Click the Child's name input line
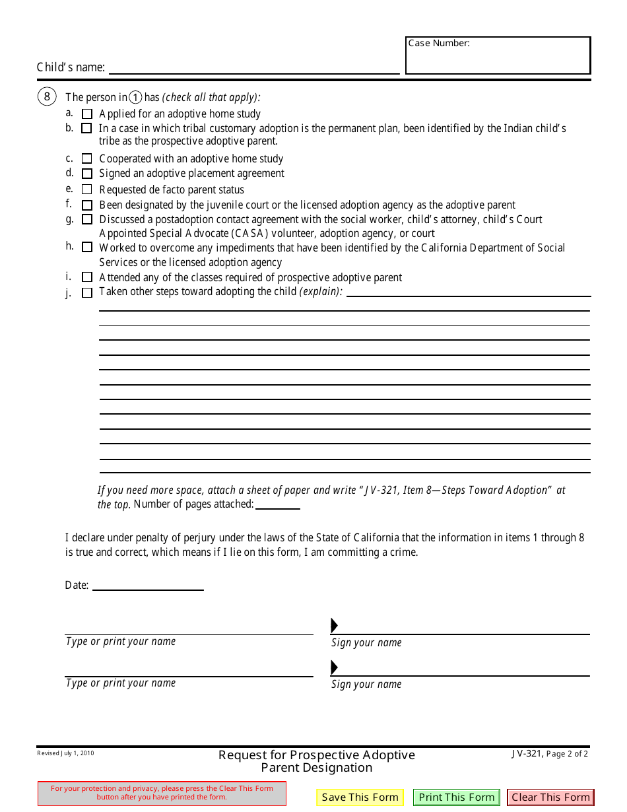pyautogui.click(x=254, y=67)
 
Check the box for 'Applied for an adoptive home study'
pyautogui.click(x=87, y=114)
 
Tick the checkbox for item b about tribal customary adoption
pyautogui.click(x=86, y=129)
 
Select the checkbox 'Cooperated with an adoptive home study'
pyautogui.click(x=87, y=159)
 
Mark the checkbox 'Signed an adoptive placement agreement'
pyautogui.click(x=87, y=174)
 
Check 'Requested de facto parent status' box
pyautogui.click(x=87, y=189)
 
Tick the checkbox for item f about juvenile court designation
pyautogui.click(x=87, y=205)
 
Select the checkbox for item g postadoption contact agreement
pyautogui.click(x=87, y=219)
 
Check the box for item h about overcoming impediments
pyautogui.click(x=87, y=248)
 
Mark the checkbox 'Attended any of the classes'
pyautogui.click(x=87, y=277)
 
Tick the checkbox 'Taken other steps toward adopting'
pyautogui.click(x=87, y=292)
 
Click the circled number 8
pyautogui.click(x=46, y=97)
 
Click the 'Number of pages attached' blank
pyautogui.click(x=277, y=504)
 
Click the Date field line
pyautogui.click(x=148, y=585)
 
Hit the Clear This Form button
pyautogui.click(x=550, y=797)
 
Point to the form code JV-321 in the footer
pyautogui.click(x=527, y=753)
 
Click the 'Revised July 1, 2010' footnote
pyautogui.click(x=65, y=753)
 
